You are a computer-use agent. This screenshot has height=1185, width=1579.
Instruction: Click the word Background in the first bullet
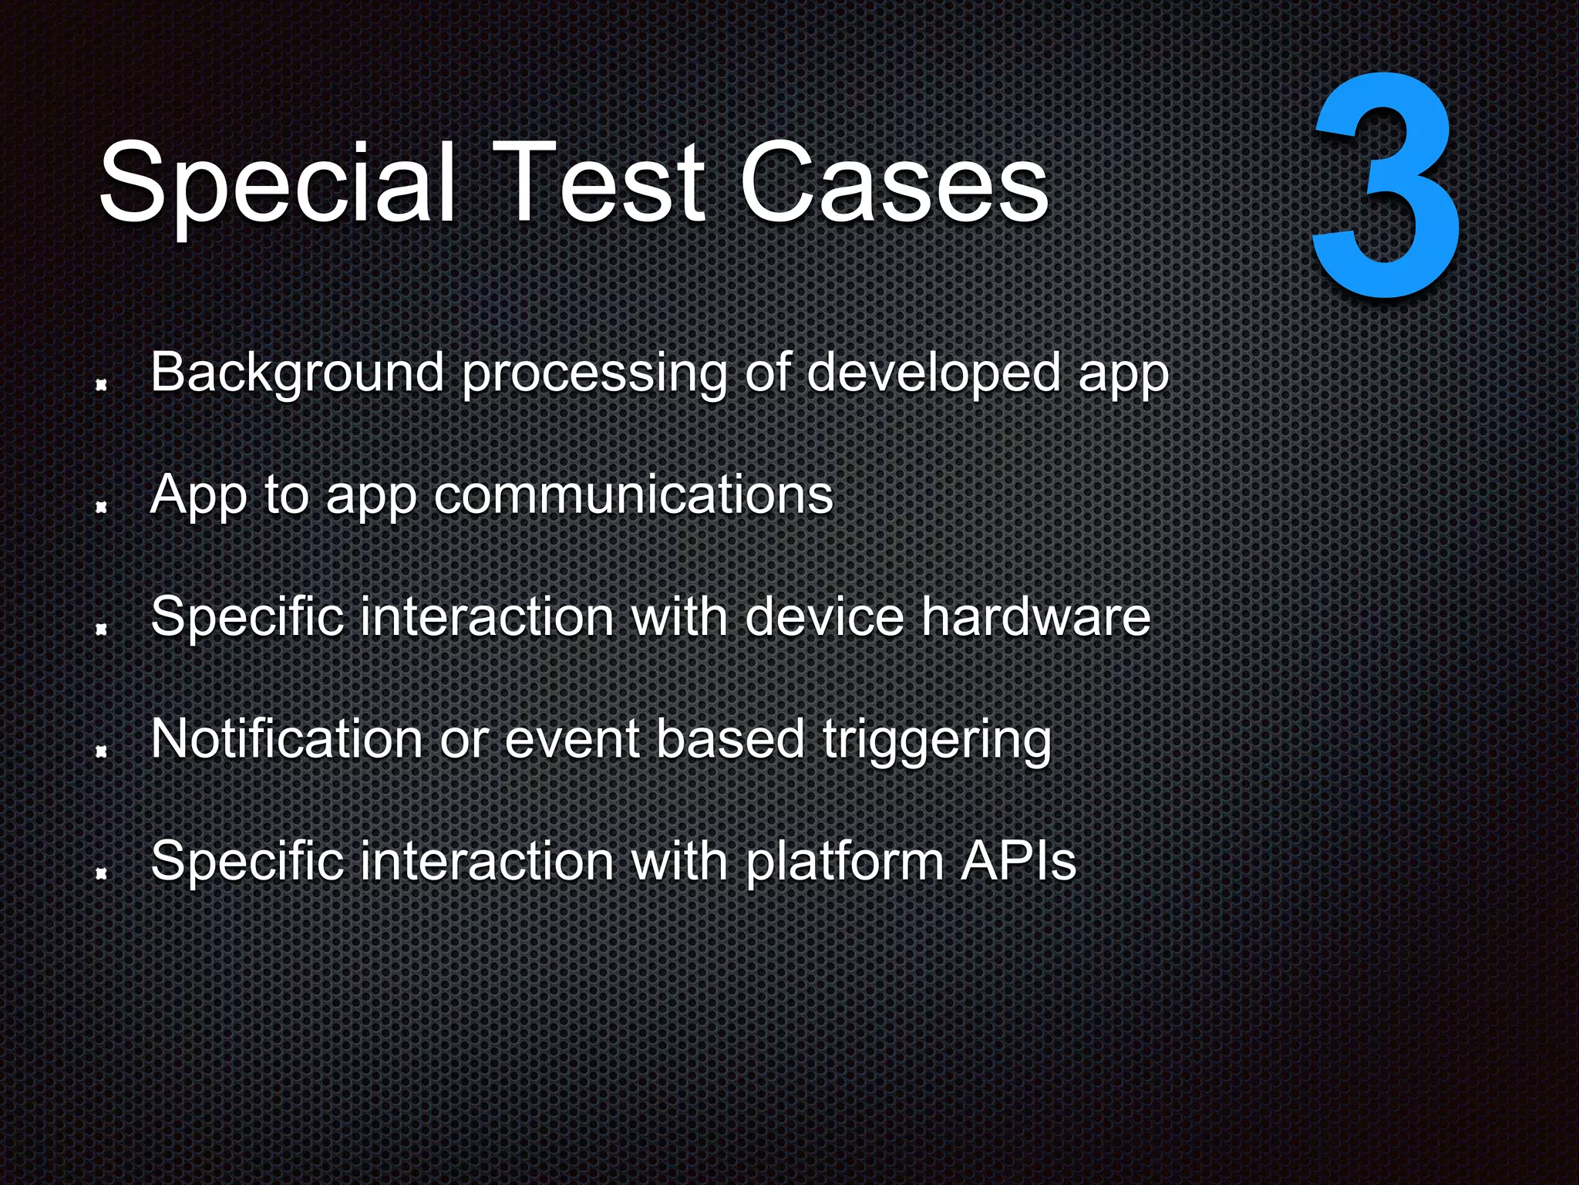297,373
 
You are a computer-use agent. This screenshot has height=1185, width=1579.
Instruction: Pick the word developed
933,373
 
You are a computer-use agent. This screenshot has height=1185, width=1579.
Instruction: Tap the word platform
844,863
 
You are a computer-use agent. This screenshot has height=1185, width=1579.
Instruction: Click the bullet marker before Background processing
100,385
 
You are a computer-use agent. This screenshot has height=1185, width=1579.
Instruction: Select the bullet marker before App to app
100,507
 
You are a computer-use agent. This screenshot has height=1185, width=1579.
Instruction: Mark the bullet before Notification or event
100,751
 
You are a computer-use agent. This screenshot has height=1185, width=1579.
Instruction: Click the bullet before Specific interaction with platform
100,873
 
